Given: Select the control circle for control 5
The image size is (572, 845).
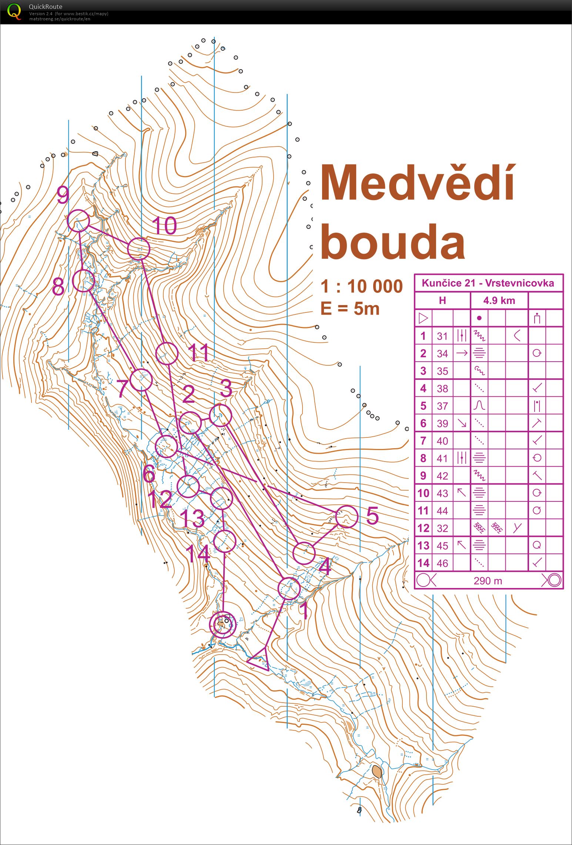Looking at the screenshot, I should click(x=347, y=517).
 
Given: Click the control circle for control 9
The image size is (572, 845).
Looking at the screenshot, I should click(x=78, y=220).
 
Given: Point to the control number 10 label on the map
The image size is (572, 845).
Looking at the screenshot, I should click(x=164, y=226).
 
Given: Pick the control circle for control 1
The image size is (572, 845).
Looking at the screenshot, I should click(x=289, y=588).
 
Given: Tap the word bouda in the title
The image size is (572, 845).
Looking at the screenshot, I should click(x=392, y=242).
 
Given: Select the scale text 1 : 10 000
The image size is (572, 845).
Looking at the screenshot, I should click(x=361, y=286).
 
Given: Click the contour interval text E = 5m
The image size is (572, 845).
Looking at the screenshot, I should click(x=350, y=308).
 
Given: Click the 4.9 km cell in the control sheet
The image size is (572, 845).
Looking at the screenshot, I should click(x=499, y=301).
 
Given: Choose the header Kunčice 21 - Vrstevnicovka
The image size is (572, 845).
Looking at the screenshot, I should click(x=488, y=283).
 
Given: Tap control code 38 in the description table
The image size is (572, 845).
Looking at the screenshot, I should click(x=442, y=389).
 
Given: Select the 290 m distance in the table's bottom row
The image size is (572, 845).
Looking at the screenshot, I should click(x=488, y=581).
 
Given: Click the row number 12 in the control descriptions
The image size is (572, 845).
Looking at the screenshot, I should click(x=423, y=528).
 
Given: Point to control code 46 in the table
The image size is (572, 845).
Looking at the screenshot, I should click(x=442, y=563).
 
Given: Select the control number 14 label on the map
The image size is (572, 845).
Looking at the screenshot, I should click(x=198, y=554).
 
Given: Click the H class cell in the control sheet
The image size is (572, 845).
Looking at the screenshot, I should click(x=442, y=301).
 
